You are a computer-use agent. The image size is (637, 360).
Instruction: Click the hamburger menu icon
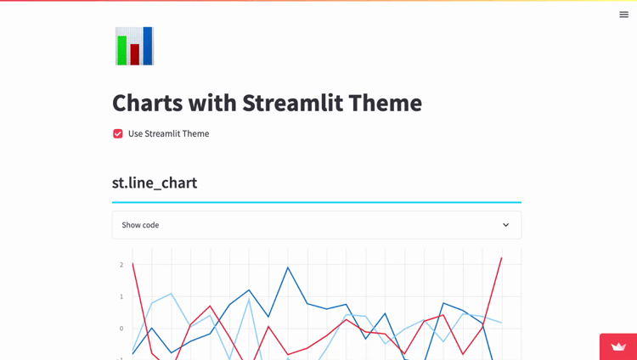(x=623, y=14)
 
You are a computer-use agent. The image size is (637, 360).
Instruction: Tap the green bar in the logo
(x=122, y=50)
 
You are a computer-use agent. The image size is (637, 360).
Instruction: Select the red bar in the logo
(x=135, y=54)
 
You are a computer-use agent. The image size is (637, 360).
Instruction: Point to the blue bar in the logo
(x=148, y=46)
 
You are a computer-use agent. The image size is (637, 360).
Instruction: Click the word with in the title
(x=212, y=103)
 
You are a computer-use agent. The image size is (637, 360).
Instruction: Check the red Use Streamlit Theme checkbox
(x=118, y=133)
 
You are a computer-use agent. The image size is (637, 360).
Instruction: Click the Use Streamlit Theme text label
(x=168, y=133)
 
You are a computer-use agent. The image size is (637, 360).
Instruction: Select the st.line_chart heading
(x=155, y=183)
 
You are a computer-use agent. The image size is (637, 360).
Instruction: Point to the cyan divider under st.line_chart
(x=316, y=202)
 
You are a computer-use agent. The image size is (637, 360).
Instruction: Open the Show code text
(x=140, y=225)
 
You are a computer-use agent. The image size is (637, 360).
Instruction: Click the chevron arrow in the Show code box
(x=505, y=225)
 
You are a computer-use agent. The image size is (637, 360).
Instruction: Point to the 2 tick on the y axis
(x=121, y=265)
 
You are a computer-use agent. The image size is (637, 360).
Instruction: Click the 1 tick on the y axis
(x=121, y=296)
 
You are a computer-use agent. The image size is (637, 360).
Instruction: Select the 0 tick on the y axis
(x=121, y=329)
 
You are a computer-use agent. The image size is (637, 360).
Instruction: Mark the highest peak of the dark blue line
(x=288, y=267)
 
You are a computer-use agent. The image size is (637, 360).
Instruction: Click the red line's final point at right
(x=501, y=257)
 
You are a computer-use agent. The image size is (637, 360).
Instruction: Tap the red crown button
(x=618, y=346)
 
